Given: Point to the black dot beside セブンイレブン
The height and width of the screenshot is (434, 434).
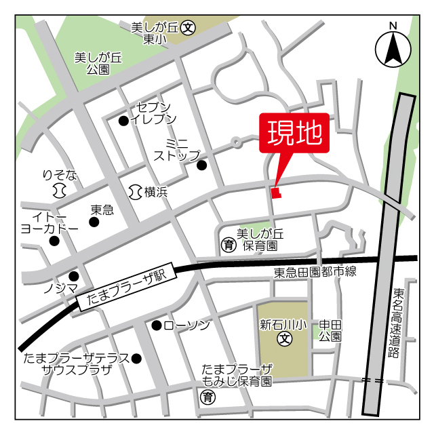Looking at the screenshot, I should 123,121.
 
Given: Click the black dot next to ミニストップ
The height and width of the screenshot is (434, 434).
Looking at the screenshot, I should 201,165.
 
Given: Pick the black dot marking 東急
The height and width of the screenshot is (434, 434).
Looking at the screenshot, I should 94,222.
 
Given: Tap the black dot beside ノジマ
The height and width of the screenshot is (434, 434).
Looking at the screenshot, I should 73,276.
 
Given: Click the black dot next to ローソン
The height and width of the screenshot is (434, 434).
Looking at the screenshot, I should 156,325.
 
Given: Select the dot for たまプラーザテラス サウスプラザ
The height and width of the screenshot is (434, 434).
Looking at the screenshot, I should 136,358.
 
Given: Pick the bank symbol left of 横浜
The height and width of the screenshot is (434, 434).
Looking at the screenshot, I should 134,192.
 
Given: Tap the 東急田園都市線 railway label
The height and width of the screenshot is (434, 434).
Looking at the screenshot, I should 315,272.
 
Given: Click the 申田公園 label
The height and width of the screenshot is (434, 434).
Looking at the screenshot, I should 330,330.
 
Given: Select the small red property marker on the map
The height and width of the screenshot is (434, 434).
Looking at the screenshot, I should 275,193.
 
